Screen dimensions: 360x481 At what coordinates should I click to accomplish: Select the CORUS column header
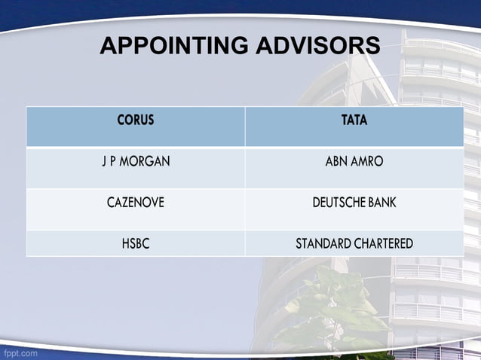(x=136, y=121)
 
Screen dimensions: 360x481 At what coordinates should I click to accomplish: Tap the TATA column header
(x=354, y=121)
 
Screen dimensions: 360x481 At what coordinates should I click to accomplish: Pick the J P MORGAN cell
(x=136, y=162)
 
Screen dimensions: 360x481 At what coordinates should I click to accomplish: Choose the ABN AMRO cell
(x=354, y=162)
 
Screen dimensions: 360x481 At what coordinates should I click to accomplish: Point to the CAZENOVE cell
(x=136, y=203)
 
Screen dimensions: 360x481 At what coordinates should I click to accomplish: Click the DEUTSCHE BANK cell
(x=354, y=203)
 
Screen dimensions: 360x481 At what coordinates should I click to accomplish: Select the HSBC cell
(x=136, y=243)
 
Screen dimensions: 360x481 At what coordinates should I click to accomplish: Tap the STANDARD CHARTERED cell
(x=354, y=243)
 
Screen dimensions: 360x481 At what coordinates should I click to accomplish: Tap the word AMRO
(x=367, y=162)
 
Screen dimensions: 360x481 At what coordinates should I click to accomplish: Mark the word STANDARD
(x=322, y=243)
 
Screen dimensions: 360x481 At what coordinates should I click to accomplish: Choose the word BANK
(x=382, y=203)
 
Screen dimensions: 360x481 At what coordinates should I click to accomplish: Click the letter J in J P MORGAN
(x=105, y=162)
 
